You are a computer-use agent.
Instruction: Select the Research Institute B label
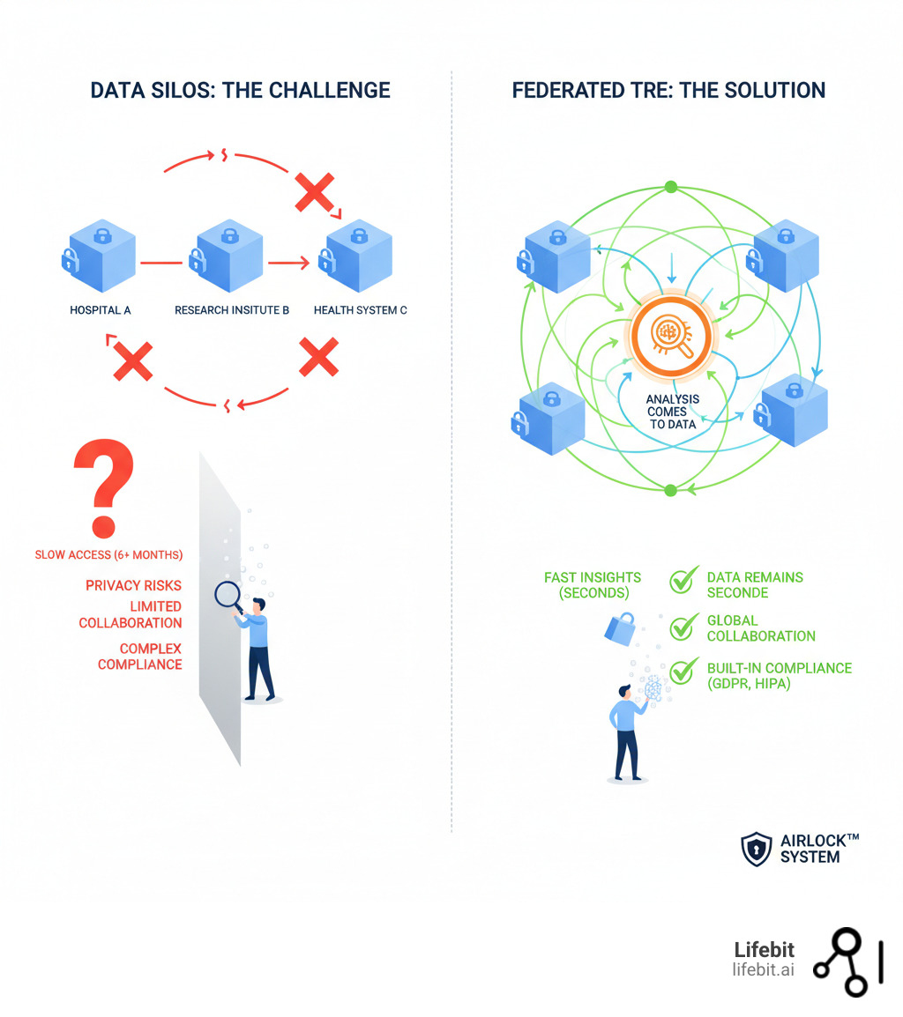click(x=232, y=310)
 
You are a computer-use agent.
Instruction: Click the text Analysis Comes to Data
click(x=672, y=412)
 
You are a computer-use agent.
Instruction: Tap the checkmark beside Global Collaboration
click(x=683, y=627)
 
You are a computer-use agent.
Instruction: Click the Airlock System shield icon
click(x=756, y=849)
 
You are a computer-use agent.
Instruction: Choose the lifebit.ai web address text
click(x=763, y=969)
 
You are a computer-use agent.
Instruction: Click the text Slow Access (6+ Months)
click(x=108, y=555)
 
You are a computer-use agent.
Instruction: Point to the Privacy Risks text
click(x=133, y=585)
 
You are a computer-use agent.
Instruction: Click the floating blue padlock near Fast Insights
click(x=619, y=628)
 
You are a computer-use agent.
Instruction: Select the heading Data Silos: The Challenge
click(x=240, y=90)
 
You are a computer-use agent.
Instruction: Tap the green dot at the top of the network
click(x=670, y=187)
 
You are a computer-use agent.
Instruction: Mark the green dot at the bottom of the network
click(x=670, y=490)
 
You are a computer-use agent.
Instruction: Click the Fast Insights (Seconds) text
click(x=593, y=585)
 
